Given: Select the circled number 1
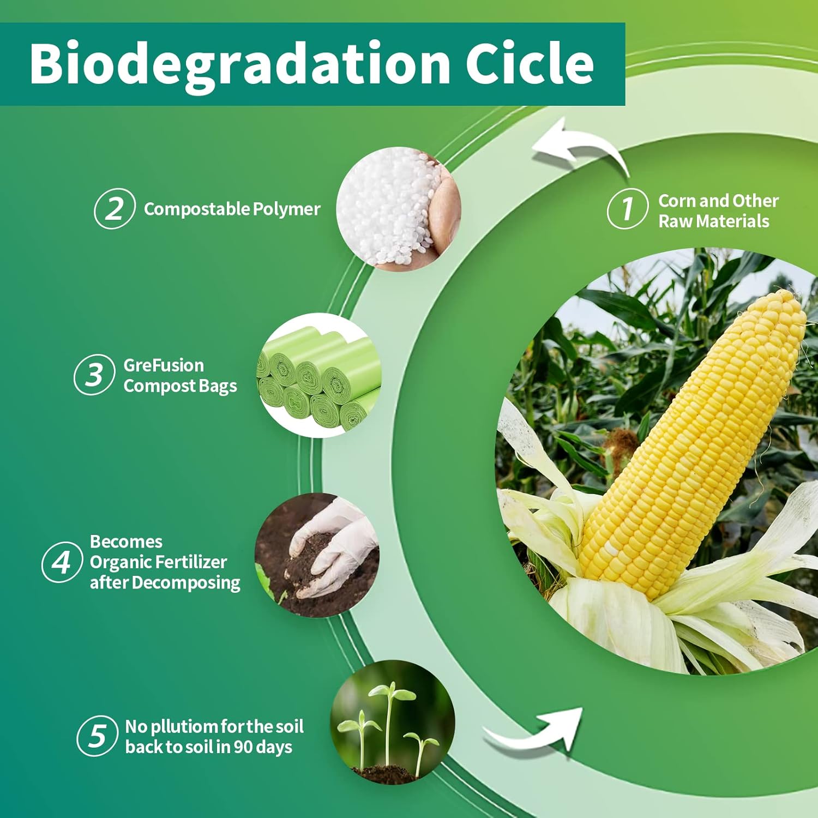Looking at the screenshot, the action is [x=628, y=208].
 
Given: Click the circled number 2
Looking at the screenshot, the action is [x=115, y=208].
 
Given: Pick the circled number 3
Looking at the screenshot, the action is [x=94, y=375].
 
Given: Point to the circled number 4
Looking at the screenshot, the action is [x=62, y=562].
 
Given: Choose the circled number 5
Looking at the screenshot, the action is [x=98, y=736].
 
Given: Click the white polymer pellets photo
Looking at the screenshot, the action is [x=399, y=209].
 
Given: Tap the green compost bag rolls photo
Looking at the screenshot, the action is [x=319, y=375].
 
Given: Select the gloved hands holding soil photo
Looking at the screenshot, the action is [x=317, y=555].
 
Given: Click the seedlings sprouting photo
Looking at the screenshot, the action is [x=393, y=723].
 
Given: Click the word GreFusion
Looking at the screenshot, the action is [x=164, y=365].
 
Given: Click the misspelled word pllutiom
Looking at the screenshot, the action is [x=184, y=727].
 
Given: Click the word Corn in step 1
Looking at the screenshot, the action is [x=677, y=201].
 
